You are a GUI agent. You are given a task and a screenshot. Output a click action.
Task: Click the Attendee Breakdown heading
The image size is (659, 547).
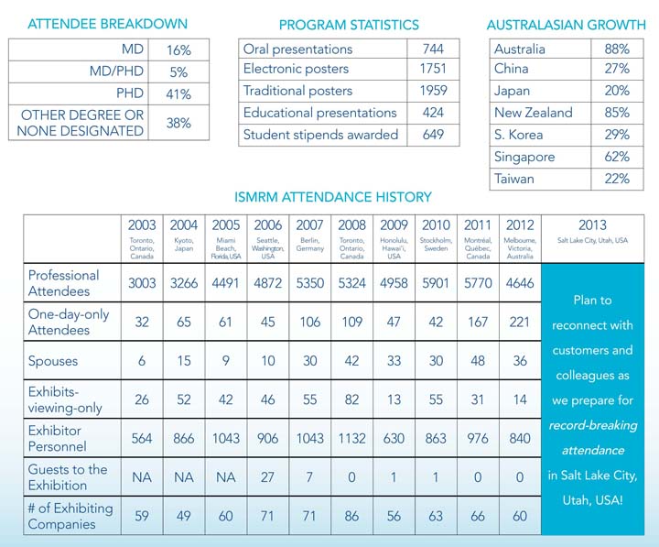pos(108,24)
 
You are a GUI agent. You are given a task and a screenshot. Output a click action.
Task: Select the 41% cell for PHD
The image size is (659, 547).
pos(178,94)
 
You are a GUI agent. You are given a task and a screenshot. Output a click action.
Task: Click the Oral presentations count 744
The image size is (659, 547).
pos(433,49)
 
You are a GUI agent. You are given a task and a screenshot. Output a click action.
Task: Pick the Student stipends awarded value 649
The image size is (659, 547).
pos(433,135)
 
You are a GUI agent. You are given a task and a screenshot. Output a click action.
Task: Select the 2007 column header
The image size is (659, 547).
pos(310,225)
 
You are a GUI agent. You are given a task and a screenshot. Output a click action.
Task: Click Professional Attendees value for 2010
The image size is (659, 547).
pos(436,283)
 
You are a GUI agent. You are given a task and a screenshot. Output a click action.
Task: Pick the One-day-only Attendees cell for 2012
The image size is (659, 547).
pos(520,322)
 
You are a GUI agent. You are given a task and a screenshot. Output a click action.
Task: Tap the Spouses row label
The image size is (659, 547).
pos(53,361)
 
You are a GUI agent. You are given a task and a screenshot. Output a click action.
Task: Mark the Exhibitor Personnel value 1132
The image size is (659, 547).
pos(352,438)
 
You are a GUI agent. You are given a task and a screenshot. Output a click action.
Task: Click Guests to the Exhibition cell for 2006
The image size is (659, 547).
pos(268,476)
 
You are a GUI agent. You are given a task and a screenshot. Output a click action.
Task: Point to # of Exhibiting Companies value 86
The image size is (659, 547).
pos(352,515)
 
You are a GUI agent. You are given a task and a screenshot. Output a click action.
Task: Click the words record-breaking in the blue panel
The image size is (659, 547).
pos(591,426)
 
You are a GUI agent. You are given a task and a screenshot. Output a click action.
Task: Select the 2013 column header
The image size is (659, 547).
pos(591,225)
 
